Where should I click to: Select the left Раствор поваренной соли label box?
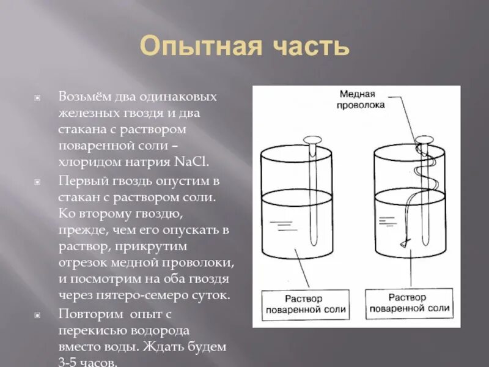[x=306, y=304]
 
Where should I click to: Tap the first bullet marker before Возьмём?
[x=37, y=98]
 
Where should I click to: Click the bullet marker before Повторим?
[x=37, y=314]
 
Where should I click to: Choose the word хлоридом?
[x=95, y=162]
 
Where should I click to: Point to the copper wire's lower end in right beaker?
[x=403, y=244]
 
